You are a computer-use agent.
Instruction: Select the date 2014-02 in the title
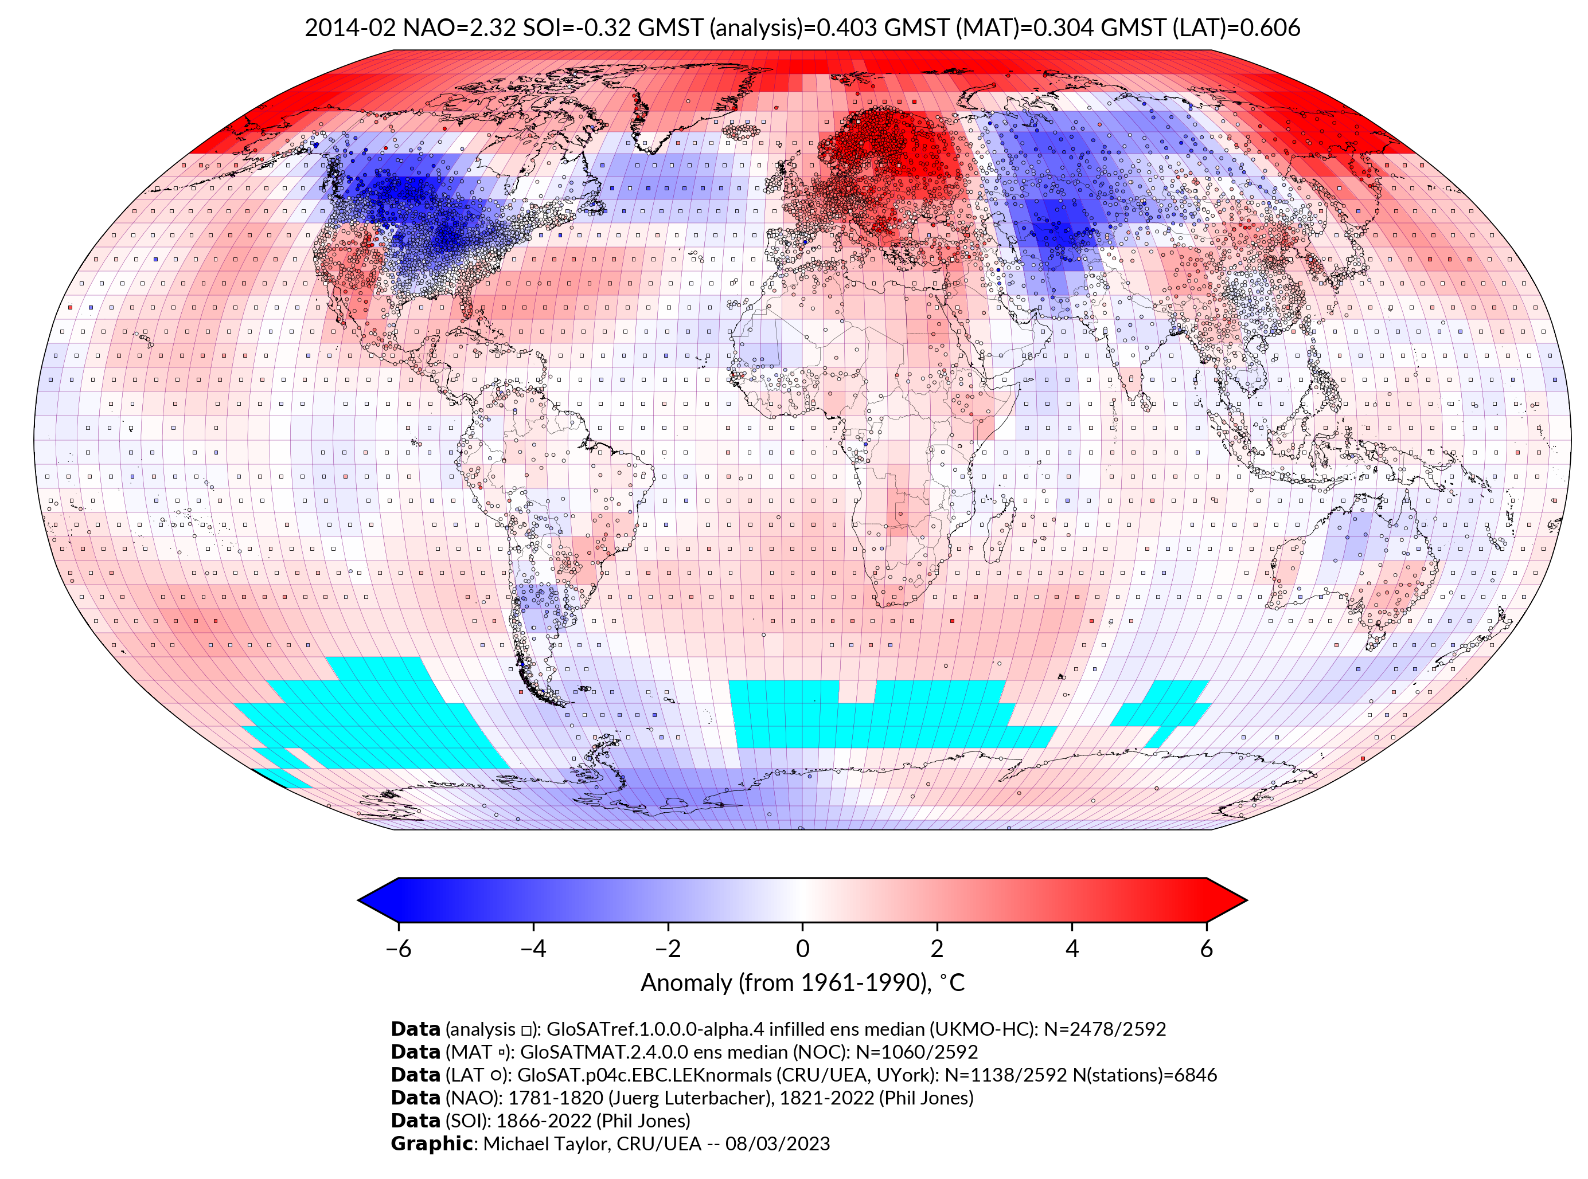pyautogui.click(x=350, y=28)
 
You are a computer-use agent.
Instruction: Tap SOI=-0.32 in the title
pyautogui.click(x=577, y=28)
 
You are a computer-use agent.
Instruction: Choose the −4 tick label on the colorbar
pyautogui.click(x=533, y=949)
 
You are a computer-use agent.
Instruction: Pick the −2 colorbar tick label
pyautogui.click(x=668, y=949)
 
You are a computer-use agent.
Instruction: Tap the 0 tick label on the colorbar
pyautogui.click(x=802, y=949)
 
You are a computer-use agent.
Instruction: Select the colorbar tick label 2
pyautogui.click(x=937, y=949)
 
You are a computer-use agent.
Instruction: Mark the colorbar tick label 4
pyautogui.click(x=1072, y=949)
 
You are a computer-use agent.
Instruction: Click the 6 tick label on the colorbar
pyautogui.click(x=1206, y=949)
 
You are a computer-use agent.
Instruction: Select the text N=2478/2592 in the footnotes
pyautogui.click(x=1105, y=1029)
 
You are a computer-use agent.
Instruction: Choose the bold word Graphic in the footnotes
pyautogui.click(x=431, y=1143)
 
